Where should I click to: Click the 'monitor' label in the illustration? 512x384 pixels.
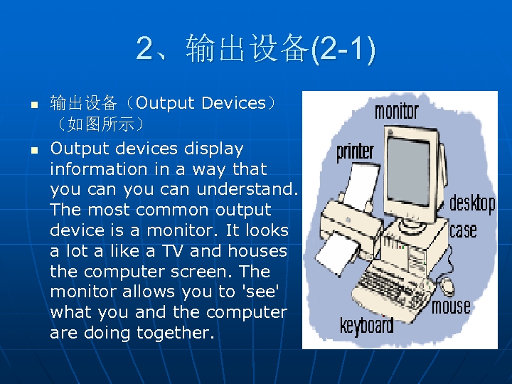396,112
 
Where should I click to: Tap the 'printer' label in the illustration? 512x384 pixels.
356,152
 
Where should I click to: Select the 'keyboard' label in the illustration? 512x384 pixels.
367,325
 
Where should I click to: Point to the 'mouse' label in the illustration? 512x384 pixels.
451,306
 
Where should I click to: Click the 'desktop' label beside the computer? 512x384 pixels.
472,204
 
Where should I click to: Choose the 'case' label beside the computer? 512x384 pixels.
463,230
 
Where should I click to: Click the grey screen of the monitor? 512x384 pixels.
408,171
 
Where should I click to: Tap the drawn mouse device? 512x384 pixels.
447,286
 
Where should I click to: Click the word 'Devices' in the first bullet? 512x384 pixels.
234,103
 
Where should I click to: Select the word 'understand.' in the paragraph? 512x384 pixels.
247,189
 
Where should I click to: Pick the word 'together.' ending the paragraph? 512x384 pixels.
176,334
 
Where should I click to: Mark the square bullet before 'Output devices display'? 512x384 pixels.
34,150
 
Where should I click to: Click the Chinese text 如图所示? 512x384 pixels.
101,124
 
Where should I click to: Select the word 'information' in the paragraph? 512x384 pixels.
99,169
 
